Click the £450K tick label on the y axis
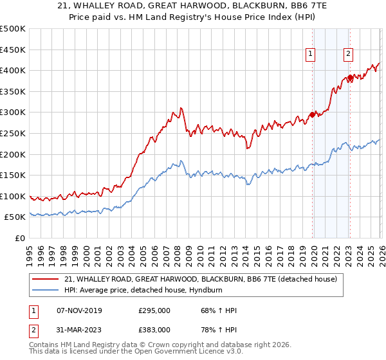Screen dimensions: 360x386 (13, 50)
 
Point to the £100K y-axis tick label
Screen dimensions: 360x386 (13, 196)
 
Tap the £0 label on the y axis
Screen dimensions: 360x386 (19, 239)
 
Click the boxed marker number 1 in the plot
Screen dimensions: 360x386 (311, 55)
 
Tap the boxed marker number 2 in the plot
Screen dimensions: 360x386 (348, 55)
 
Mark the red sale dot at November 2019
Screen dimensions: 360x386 (312, 114)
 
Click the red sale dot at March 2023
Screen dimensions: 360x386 (351, 78)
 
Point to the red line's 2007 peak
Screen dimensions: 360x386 (181, 108)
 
